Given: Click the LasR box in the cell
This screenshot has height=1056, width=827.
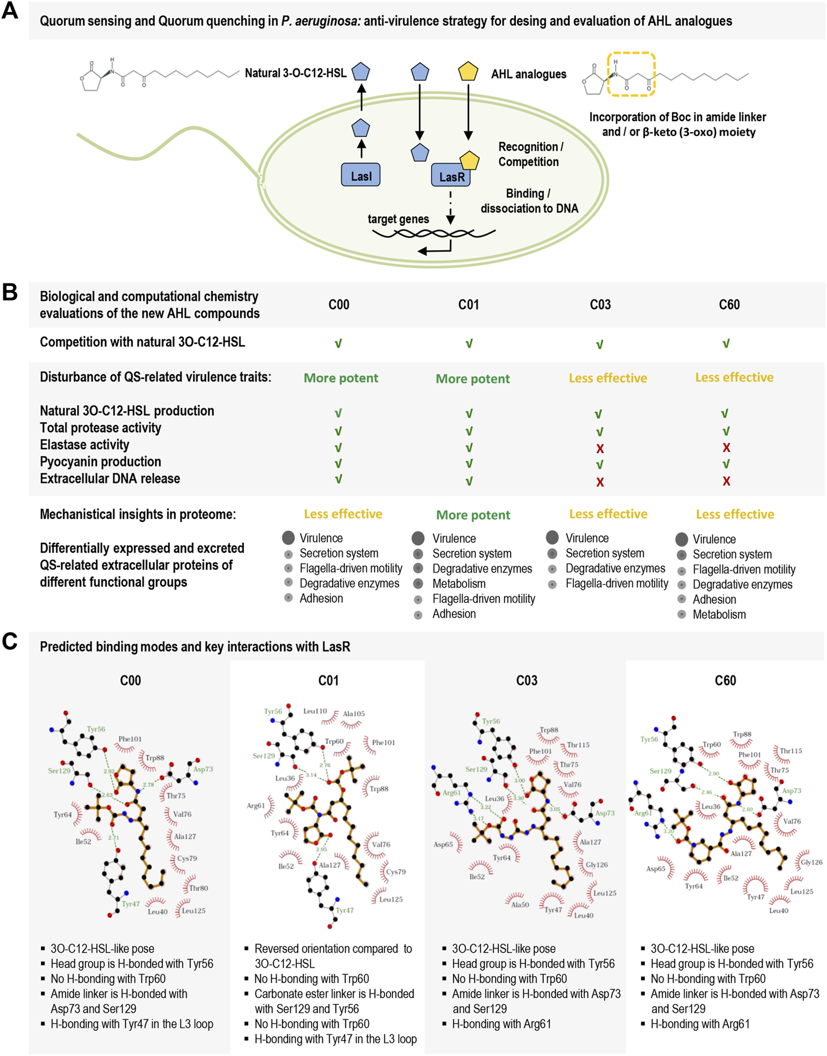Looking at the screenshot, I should tap(451, 176).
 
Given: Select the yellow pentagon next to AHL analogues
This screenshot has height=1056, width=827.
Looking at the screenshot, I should tap(468, 71).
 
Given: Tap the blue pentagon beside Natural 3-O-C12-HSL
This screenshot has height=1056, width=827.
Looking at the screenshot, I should tap(360, 71).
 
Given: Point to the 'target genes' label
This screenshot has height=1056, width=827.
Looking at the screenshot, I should tap(398, 219).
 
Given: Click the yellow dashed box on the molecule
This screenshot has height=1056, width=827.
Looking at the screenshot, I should tap(631, 74).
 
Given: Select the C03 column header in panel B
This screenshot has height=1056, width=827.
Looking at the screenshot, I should tap(600, 305).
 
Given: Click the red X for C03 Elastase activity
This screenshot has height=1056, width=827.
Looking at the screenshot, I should tap(600, 448).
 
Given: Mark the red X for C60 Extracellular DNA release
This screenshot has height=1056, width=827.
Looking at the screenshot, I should tap(726, 481).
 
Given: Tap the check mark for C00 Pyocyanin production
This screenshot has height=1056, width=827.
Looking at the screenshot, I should tap(338, 463).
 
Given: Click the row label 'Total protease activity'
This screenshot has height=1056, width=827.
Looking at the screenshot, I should tap(101, 428).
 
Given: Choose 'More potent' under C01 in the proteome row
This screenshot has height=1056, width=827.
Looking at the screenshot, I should tap(473, 515).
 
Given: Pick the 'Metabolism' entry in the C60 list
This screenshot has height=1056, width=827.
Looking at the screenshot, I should tap(719, 615).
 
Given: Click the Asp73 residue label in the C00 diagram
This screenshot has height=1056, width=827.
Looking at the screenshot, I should tap(203, 769).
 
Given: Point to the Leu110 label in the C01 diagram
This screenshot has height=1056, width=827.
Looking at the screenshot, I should tap(315, 711).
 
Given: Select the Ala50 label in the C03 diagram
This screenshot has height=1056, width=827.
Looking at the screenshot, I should tap(520, 905).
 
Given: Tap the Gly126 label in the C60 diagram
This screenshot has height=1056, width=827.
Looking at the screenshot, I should tap(811, 862).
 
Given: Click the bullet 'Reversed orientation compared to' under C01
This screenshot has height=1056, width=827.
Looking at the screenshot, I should tap(333, 949).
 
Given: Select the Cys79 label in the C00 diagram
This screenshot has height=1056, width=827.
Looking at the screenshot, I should tap(187, 858).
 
